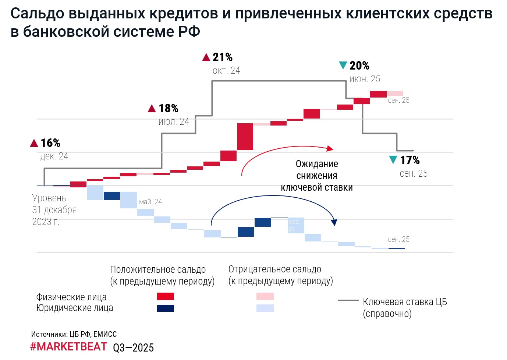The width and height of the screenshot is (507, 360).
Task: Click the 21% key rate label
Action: (x=222, y=57)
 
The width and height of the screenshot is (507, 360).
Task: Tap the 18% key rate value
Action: (x=168, y=109)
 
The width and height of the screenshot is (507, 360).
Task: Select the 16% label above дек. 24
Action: (x=50, y=143)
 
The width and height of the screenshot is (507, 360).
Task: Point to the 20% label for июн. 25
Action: (x=359, y=66)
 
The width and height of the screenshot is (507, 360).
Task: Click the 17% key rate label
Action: (x=409, y=160)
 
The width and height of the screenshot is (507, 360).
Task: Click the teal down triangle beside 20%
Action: (x=343, y=66)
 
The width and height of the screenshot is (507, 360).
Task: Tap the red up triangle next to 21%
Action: (x=206, y=57)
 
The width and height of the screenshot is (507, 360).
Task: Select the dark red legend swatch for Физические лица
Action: (x=165, y=296)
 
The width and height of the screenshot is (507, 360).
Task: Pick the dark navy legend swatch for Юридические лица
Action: (x=165, y=308)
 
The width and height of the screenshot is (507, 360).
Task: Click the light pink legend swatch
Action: (x=265, y=296)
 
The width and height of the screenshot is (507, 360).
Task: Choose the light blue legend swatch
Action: (x=265, y=308)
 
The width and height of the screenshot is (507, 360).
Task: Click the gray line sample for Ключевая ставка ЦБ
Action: (x=348, y=300)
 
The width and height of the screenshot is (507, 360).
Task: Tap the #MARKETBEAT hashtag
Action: (x=68, y=347)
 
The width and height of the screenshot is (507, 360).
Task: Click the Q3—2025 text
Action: (x=133, y=348)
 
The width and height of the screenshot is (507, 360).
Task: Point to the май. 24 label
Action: (x=150, y=202)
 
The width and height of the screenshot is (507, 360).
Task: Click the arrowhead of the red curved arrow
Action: (x=330, y=148)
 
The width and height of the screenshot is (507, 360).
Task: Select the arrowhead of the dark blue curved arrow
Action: (x=334, y=222)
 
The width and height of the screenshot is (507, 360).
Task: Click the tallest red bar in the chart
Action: (x=245, y=137)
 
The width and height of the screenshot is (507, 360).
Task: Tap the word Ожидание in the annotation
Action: (x=317, y=164)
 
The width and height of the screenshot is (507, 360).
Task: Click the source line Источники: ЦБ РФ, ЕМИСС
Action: (x=74, y=334)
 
